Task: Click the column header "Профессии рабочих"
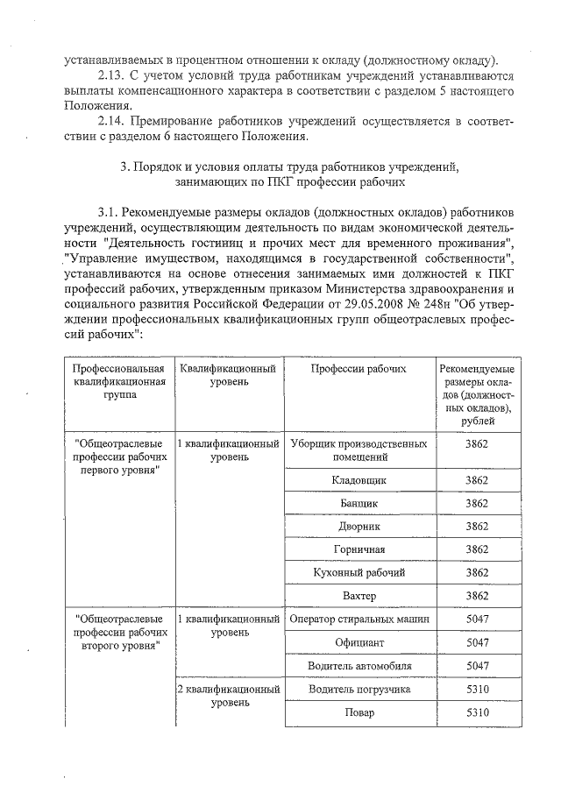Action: pyautogui.click(x=359, y=369)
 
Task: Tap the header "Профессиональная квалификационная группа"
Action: pyautogui.click(x=118, y=382)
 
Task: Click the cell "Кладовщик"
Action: pyautogui.click(x=359, y=481)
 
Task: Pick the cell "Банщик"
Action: pyautogui.click(x=359, y=504)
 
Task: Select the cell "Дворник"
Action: pyautogui.click(x=359, y=527)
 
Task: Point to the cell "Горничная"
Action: pyautogui.click(x=359, y=549)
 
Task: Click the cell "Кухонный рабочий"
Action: pyautogui.click(x=359, y=572)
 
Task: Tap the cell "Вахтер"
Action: pyautogui.click(x=359, y=596)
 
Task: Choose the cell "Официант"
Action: pyautogui.click(x=359, y=642)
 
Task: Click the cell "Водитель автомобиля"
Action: pyautogui.click(x=359, y=666)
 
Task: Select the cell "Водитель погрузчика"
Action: pyautogui.click(x=359, y=689)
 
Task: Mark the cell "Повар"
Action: pyautogui.click(x=359, y=712)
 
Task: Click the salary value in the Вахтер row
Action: pyautogui.click(x=476, y=596)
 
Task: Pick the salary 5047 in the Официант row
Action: pyautogui.click(x=476, y=642)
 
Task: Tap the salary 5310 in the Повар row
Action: pyautogui.click(x=476, y=712)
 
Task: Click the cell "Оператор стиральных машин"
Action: pyautogui.click(x=359, y=620)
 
